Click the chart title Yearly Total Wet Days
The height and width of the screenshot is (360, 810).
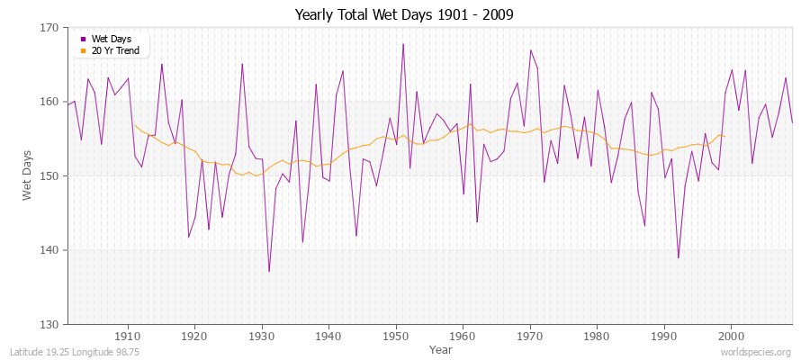pos(405,15)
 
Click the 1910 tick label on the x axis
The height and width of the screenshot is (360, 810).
pos(127,336)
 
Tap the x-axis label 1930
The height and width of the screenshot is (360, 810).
pos(261,336)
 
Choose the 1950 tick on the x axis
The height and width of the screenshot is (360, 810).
pos(395,336)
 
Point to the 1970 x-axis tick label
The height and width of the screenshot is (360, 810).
pos(529,336)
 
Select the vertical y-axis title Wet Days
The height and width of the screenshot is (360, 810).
pos(27,175)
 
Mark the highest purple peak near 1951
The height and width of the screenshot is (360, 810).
pos(403,44)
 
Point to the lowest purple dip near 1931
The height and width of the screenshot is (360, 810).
pos(269,271)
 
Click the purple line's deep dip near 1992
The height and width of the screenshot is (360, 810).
pos(678,258)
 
